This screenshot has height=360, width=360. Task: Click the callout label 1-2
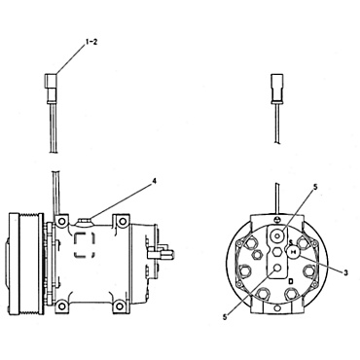(90, 44)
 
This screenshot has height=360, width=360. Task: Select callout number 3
(344, 271)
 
